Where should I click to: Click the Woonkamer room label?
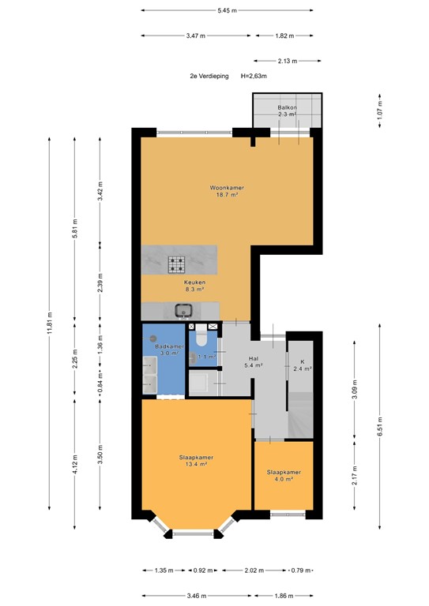pos(227,188)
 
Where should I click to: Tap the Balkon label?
pos(287,107)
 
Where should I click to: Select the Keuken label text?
pos(194,282)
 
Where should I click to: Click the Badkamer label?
pos(170,346)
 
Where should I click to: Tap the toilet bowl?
pos(201,339)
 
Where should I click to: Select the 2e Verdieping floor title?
pos(209,76)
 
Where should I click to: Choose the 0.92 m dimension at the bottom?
pos(202,570)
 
